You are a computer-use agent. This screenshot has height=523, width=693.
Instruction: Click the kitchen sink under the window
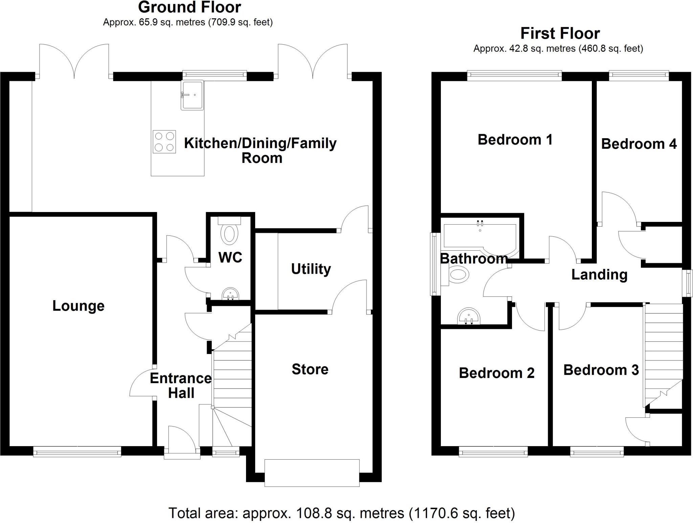[x=192, y=95]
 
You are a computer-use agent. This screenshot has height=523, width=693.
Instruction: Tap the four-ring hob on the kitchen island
[x=164, y=142]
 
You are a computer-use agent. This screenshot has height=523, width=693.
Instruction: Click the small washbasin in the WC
[x=230, y=294]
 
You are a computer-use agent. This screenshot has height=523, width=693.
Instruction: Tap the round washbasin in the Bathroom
[x=469, y=316]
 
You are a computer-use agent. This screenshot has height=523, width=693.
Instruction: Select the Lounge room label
[x=78, y=306]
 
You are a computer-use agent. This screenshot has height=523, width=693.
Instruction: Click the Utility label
[x=311, y=269]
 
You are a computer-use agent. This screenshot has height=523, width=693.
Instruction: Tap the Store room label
[x=310, y=369]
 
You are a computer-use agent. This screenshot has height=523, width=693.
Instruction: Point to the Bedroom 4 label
[x=639, y=144]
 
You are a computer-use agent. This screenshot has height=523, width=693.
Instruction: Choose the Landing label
[x=599, y=275]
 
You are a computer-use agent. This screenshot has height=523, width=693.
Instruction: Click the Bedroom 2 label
[x=496, y=373]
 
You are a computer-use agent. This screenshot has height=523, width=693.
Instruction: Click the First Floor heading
[x=560, y=34]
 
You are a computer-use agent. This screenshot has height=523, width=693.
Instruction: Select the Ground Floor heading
[x=189, y=7]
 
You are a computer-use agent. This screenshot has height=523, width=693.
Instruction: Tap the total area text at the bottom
[x=341, y=513]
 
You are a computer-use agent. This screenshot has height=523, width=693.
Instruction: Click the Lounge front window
[x=77, y=452]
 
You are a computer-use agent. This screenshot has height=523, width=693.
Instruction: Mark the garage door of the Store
[x=312, y=473]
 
